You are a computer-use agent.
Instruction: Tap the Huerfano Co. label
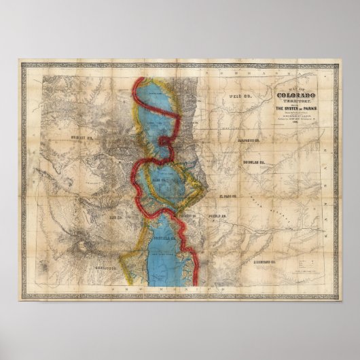point(264,260)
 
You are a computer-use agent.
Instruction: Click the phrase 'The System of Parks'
point(295,109)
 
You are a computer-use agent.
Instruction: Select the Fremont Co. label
point(187,215)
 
